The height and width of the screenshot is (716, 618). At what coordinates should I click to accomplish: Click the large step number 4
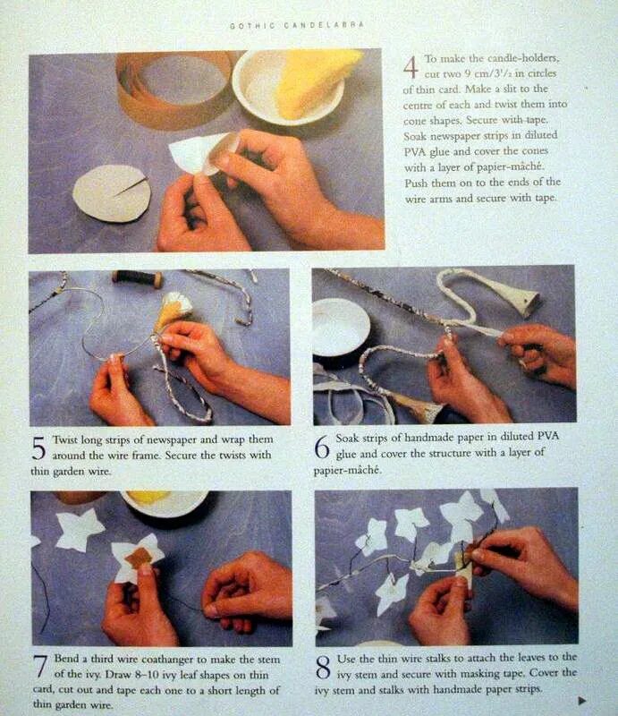tap(411, 68)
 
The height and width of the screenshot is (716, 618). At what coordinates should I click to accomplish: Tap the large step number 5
tap(38, 448)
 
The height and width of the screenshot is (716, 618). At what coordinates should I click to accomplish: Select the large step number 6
tap(322, 447)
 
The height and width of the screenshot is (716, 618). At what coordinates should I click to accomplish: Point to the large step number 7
tap(40, 666)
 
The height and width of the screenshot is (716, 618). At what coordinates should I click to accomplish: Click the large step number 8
tap(323, 667)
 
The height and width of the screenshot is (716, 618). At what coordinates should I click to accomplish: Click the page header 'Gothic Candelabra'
tap(297, 26)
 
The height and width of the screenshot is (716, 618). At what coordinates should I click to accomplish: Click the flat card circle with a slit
tap(112, 193)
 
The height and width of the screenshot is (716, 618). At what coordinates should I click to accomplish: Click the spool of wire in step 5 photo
tap(138, 277)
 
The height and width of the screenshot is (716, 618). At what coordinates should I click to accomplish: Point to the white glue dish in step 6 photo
tap(339, 326)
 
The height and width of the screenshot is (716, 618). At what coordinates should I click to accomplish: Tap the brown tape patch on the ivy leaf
tap(139, 557)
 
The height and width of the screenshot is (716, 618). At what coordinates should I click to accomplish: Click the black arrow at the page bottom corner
tap(582, 700)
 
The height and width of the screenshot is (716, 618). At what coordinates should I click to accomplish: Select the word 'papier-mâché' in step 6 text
tap(347, 470)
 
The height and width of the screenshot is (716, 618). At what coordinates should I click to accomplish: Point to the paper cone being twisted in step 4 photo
tap(203, 152)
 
